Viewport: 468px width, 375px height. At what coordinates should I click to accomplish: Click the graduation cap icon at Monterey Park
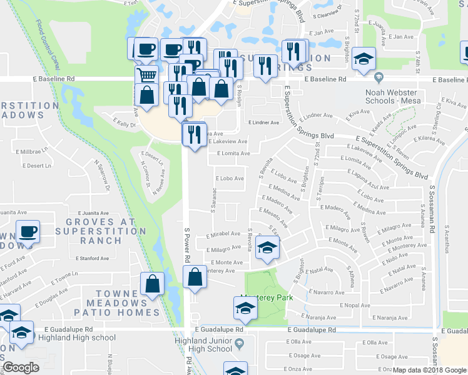[245, 307]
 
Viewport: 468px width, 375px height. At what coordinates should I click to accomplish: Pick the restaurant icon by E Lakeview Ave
[194, 133]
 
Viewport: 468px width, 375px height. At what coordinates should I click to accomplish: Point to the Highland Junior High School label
[206, 344]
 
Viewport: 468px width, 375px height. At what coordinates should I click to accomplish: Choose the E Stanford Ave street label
[92, 258]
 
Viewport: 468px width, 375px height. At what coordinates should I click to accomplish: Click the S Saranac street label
[213, 199]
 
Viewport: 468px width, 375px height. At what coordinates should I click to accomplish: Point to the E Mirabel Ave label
[223, 234]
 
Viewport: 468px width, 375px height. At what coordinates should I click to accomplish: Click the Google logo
[21, 367]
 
